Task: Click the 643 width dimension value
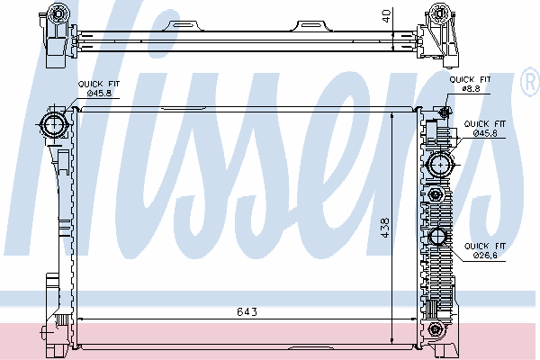pyautogui.click(x=247, y=311)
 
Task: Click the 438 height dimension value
pyautogui.click(x=385, y=228)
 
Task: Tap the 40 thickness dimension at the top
pyautogui.click(x=386, y=16)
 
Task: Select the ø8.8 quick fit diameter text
pyautogui.click(x=471, y=88)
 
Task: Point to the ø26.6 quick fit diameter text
pyautogui.click(x=485, y=256)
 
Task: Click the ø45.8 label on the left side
pyautogui.click(x=99, y=93)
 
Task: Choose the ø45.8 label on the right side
pyautogui.click(x=485, y=133)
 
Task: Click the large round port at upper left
pyautogui.click(x=54, y=124)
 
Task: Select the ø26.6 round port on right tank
pyautogui.click(x=437, y=237)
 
